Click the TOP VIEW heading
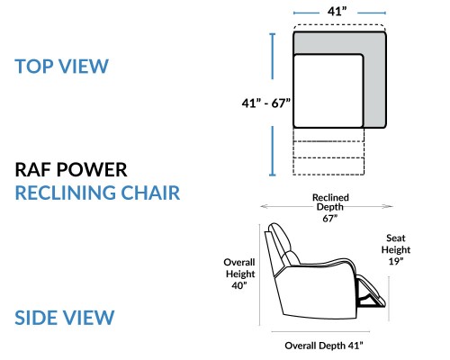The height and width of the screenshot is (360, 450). (x=61, y=67)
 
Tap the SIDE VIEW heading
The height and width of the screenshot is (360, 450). (x=65, y=318)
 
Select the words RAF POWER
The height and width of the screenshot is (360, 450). (x=71, y=170)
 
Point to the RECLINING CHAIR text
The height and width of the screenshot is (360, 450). (x=97, y=193)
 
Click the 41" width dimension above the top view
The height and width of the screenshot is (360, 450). (x=337, y=12)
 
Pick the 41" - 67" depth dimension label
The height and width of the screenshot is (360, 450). (x=266, y=103)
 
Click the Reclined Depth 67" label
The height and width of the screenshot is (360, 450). (x=330, y=208)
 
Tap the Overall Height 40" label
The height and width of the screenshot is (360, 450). (x=239, y=274)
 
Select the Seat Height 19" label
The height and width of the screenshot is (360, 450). (x=396, y=249)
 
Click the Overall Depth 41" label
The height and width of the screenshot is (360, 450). (x=324, y=346)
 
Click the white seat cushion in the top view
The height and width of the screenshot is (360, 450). (x=328, y=91)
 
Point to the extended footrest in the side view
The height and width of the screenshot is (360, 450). (x=371, y=292)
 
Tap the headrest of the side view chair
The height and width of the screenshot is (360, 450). (x=279, y=237)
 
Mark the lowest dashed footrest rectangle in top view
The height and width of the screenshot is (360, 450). (x=328, y=166)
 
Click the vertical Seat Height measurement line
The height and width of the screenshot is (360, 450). (x=389, y=299)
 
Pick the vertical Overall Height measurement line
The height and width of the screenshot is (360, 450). (x=259, y=274)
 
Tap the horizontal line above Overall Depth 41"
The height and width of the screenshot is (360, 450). (x=320, y=332)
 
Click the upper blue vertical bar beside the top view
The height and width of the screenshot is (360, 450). (x=273, y=56)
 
